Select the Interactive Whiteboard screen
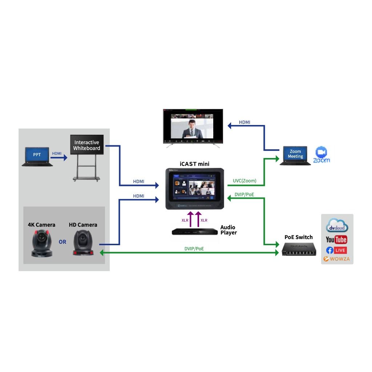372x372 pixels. (87, 145)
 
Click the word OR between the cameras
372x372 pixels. (62, 242)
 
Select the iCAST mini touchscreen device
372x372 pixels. (194, 189)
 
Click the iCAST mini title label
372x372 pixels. (194, 164)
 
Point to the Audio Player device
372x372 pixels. (195, 231)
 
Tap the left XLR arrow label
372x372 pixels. (185, 220)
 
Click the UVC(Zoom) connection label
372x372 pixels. (244, 181)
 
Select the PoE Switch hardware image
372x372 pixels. (299, 249)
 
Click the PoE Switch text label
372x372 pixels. (298, 237)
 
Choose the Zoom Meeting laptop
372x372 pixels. (295, 155)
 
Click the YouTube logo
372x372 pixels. (336, 239)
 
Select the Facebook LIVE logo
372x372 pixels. (336, 250)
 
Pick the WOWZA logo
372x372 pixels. (336, 259)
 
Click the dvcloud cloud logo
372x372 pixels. (337, 226)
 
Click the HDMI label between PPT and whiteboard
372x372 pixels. (57, 154)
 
